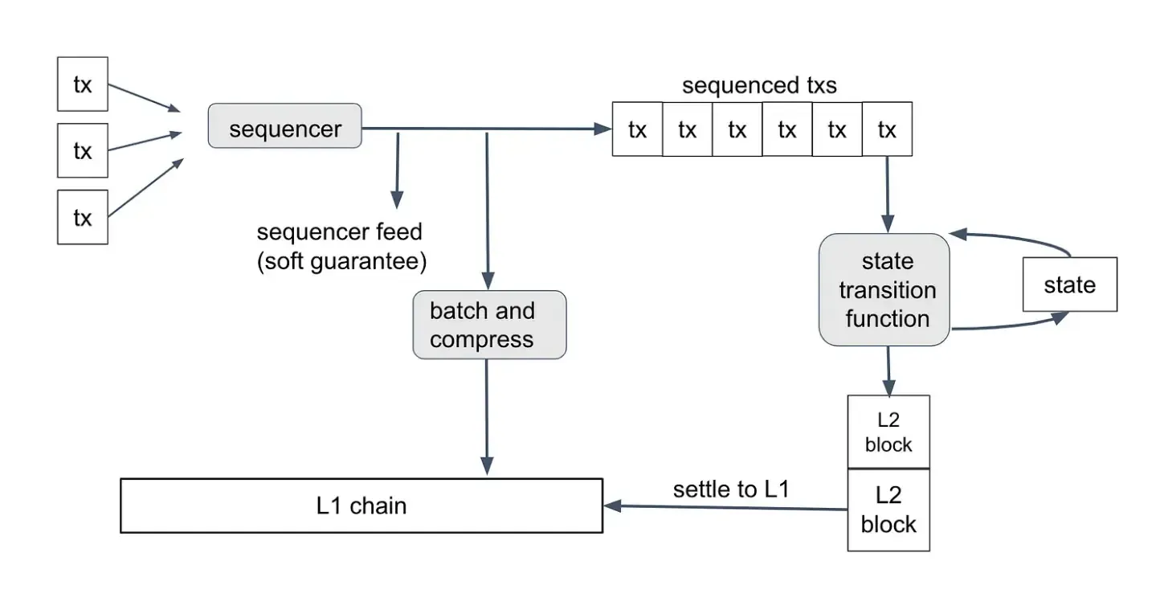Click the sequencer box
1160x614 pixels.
click(285, 126)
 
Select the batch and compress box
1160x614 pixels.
click(489, 325)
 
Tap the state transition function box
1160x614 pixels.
click(884, 290)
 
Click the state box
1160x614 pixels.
click(1069, 284)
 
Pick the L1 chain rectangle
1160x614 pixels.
click(361, 506)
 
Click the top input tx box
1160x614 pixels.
click(83, 84)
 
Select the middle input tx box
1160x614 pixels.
click(83, 151)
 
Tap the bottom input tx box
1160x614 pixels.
click(83, 218)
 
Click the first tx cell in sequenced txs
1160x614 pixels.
click(637, 129)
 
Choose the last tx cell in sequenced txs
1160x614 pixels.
click(887, 129)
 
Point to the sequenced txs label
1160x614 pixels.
click(759, 86)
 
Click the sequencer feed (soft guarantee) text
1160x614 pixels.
click(341, 247)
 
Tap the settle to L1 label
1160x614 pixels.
click(731, 489)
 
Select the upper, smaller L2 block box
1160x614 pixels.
click(888, 432)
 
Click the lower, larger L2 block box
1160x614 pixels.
click(888, 510)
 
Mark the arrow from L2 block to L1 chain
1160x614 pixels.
click(723, 507)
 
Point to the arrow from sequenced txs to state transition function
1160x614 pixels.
click(888, 193)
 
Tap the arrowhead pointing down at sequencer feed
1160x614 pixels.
click(396, 199)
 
